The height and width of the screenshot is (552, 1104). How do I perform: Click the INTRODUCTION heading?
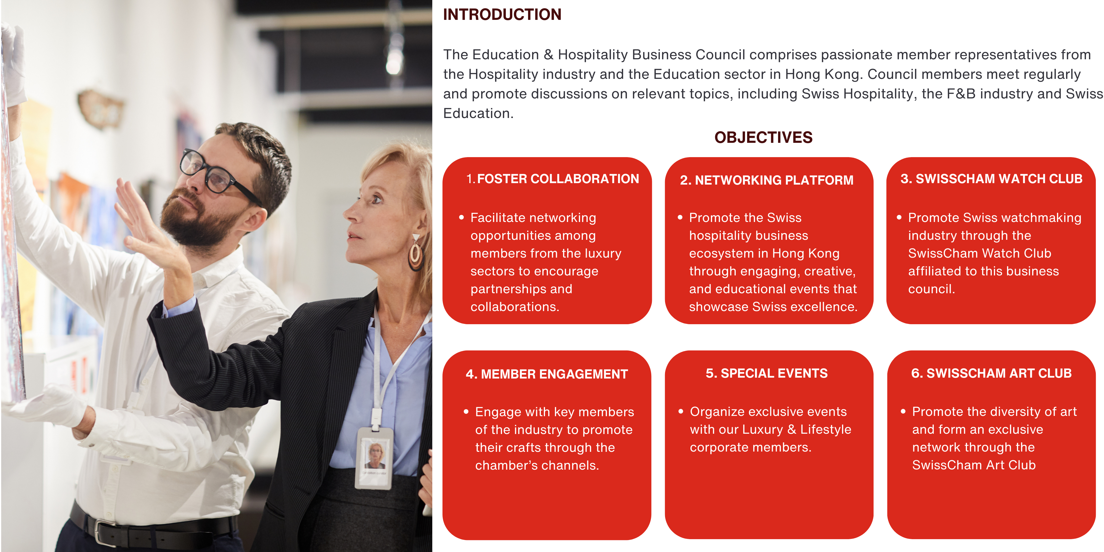[502, 15]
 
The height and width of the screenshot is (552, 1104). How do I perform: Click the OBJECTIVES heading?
[763, 138]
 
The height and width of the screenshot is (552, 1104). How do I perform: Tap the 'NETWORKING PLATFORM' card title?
[774, 180]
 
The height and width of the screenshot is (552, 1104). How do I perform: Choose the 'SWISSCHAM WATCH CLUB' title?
[999, 179]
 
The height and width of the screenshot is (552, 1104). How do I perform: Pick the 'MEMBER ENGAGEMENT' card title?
[554, 374]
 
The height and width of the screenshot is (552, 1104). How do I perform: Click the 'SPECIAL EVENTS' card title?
[774, 373]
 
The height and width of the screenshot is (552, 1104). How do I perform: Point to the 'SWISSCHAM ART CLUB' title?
[999, 373]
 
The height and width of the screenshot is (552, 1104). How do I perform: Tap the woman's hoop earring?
[415, 254]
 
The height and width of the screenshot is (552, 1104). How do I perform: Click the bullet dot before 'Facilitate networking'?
[461, 218]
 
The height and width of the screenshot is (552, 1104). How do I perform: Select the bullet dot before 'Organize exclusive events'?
[681, 412]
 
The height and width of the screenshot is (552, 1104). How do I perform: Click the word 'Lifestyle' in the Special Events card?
[826, 429]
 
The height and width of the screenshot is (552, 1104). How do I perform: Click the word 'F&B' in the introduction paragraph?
[961, 94]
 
